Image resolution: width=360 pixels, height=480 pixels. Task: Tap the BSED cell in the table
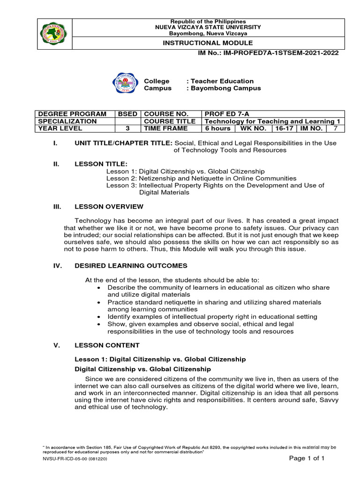(x=127, y=114)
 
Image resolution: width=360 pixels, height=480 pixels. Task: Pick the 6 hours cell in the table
(x=217, y=128)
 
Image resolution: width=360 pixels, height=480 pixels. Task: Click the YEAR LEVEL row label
(x=57, y=128)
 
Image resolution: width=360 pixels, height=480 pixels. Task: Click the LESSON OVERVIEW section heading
(x=109, y=207)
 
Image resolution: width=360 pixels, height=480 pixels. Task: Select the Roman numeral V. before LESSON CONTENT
(x=57, y=345)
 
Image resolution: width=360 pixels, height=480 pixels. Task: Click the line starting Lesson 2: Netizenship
(x=201, y=179)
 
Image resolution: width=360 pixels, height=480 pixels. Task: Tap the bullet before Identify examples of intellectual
(x=98, y=317)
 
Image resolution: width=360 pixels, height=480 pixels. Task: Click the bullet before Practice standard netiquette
(x=98, y=302)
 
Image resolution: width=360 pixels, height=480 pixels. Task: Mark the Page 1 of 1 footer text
(x=307, y=458)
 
